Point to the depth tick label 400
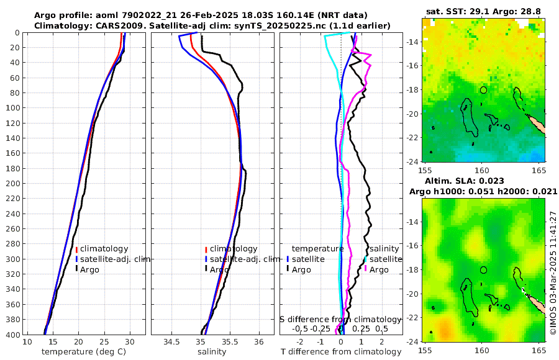click(x=12, y=335)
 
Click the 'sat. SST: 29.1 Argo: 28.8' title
click(x=483, y=12)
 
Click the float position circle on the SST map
click(x=483, y=90)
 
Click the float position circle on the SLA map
click(x=483, y=270)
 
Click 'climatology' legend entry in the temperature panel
click(x=103, y=249)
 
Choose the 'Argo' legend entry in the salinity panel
click(x=220, y=269)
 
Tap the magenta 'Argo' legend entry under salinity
click(x=379, y=269)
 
